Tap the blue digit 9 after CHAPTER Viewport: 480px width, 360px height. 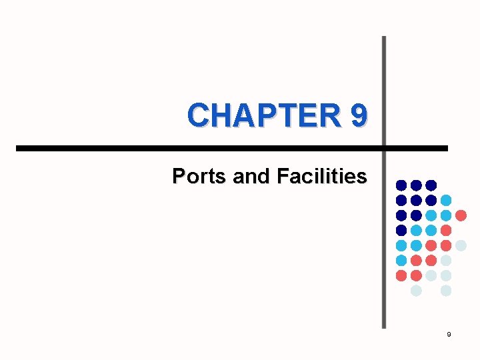click(357, 115)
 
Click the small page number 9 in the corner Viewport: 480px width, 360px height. click(449, 333)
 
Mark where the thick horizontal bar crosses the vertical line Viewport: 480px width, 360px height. click(383, 147)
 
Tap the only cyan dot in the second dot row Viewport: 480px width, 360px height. click(446, 200)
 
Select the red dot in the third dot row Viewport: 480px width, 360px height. click(461, 215)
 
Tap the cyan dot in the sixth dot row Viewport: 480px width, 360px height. click(401, 260)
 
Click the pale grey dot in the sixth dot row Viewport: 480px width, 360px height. click(446, 260)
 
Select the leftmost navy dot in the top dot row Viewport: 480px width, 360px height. click(401, 185)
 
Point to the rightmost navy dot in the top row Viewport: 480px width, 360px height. click(431, 185)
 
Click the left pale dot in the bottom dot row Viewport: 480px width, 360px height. click(416, 291)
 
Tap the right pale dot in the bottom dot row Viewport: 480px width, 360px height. click(446, 291)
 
